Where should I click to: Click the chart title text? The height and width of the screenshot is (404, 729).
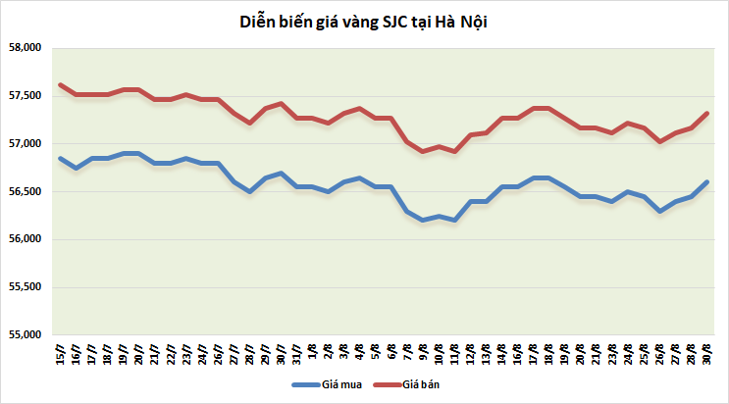[x=364, y=22]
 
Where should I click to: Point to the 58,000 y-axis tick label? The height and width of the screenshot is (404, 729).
[x=23, y=48]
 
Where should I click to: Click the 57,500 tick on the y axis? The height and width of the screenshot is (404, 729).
[x=23, y=96]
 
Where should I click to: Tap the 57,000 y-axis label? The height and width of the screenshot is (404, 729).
[x=23, y=144]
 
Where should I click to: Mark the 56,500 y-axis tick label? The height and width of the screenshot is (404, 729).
[x=23, y=192]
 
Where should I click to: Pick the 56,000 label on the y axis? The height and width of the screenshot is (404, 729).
[x=23, y=239]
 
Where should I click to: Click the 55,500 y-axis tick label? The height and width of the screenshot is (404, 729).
[x=23, y=287]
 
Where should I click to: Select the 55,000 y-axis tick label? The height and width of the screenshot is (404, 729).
[x=23, y=335]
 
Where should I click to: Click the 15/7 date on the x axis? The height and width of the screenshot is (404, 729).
[x=61, y=355]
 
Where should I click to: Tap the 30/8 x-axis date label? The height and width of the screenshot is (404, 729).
[x=707, y=355]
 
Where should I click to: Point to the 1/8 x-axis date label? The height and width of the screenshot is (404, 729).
[x=313, y=353]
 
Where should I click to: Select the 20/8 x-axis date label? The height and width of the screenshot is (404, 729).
[x=582, y=355]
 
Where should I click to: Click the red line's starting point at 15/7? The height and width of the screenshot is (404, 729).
[x=61, y=85]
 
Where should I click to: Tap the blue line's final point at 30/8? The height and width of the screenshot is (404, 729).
[x=707, y=181]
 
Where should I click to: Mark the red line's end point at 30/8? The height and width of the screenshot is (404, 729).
[x=707, y=114]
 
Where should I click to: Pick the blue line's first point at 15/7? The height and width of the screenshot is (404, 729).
[x=61, y=159]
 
